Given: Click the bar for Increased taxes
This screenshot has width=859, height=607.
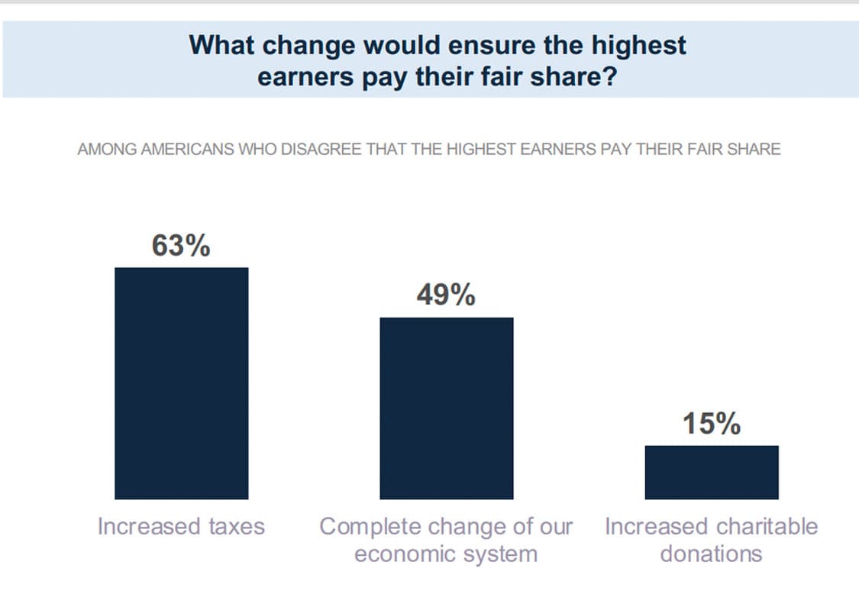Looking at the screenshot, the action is (181, 383).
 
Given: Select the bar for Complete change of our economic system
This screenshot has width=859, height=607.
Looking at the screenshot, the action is (447, 408).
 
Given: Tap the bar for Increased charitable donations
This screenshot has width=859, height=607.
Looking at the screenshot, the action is (712, 472).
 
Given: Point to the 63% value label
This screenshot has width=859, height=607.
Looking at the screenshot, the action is (181, 245).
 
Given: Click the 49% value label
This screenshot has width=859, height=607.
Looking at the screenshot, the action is (446, 295).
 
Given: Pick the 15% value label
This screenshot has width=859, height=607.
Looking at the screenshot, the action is (712, 424).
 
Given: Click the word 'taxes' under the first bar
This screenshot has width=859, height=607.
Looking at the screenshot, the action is (237, 527).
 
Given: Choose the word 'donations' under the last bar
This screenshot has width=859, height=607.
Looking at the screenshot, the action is (711, 554).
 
